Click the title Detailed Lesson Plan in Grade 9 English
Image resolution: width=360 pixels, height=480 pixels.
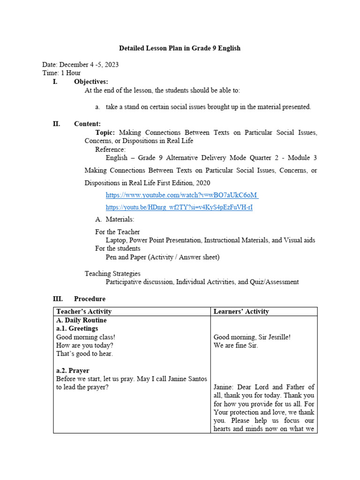click(180, 48)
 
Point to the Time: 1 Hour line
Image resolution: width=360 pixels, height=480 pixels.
click(61, 73)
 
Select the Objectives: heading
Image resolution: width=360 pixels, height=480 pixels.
click(90, 82)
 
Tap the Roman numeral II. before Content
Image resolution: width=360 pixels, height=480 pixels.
click(56, 124)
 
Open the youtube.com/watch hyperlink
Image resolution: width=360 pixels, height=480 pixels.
click(182, 195)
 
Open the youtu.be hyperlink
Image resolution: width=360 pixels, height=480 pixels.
click(179, 207)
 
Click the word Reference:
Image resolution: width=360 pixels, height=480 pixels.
click(110, 150)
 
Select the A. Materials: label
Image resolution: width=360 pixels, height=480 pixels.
click(114, 219)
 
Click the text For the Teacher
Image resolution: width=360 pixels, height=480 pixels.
click(117, 232)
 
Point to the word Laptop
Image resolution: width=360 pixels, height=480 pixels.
click(116, 240)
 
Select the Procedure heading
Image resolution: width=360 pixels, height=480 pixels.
click(90, 299)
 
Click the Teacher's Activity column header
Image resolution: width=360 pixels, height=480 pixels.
click(84, 311)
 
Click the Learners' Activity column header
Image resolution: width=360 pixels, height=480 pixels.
click(241, 311)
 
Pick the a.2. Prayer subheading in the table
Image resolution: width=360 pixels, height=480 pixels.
click(73, 370)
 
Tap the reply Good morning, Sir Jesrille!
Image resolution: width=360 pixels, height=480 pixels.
click(252, 337)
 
